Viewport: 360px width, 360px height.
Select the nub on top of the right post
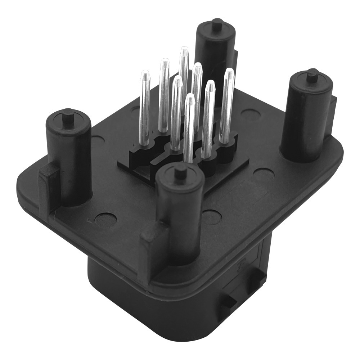pyautogui.click(x=312, y=76)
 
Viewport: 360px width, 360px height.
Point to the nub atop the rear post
pyautogui.click(x=216, y=24)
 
